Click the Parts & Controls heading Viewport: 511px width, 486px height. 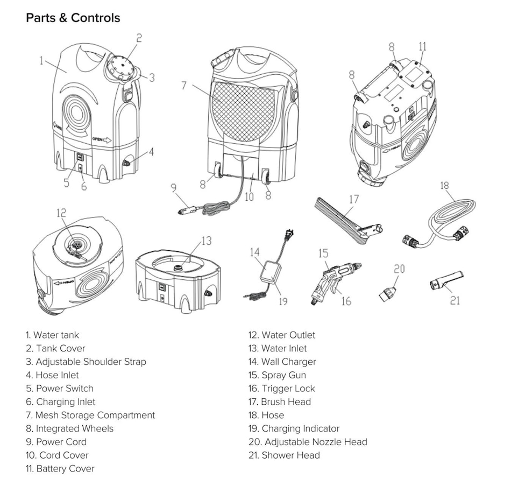point(73,18)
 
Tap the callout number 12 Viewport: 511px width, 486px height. point(61,213)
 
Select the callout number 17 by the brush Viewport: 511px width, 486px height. point(353,199)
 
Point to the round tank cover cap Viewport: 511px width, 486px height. point(121,67)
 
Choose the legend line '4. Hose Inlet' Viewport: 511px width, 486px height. point(52,375)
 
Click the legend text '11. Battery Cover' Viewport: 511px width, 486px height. point(60,469)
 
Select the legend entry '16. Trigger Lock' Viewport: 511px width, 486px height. point(282,389)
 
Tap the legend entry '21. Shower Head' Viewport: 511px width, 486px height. point(284,455)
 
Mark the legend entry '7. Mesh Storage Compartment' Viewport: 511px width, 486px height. point(90,415)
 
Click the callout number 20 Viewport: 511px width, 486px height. point(399,269)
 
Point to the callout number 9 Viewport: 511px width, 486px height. point(173,188)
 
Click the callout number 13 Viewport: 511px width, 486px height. point(207,241)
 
